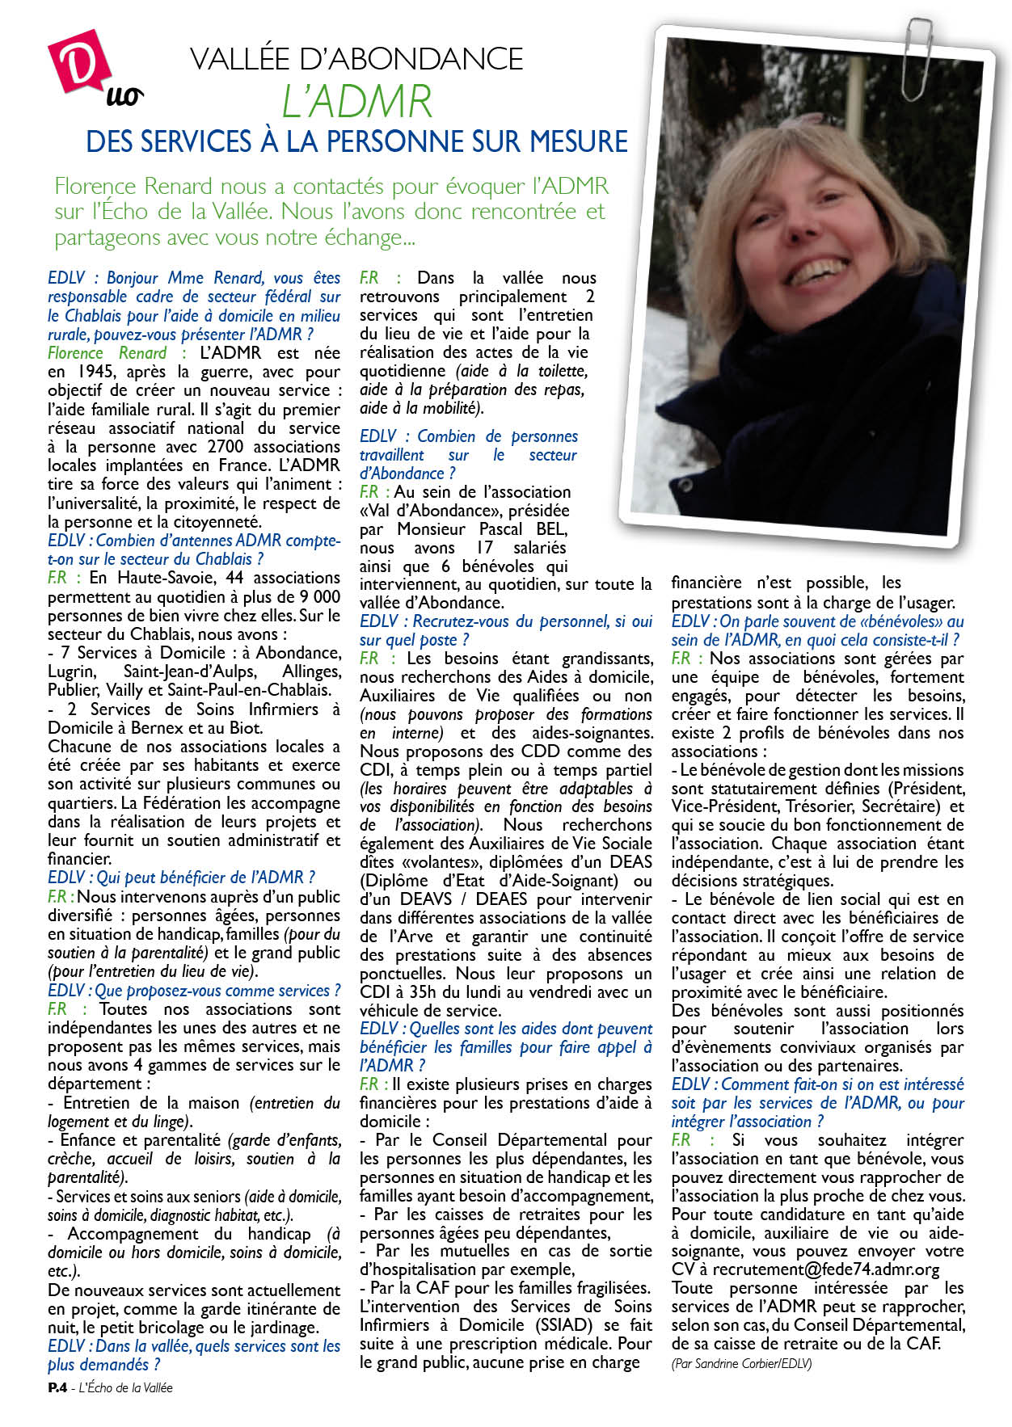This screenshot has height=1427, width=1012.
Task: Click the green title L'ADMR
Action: [x=356, y=103]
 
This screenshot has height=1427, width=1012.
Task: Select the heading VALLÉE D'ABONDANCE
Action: [x=356, y=59]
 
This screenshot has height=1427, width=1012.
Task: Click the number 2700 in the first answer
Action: [x=232, y=447]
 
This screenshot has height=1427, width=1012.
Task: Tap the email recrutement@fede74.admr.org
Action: [x=825, y=1269]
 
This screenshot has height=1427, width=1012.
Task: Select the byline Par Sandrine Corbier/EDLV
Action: [x=741, y=1363]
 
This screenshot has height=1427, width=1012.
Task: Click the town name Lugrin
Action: [x=72, y=671]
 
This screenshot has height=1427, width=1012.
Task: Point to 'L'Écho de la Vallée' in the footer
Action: [x=126, y=1387]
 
